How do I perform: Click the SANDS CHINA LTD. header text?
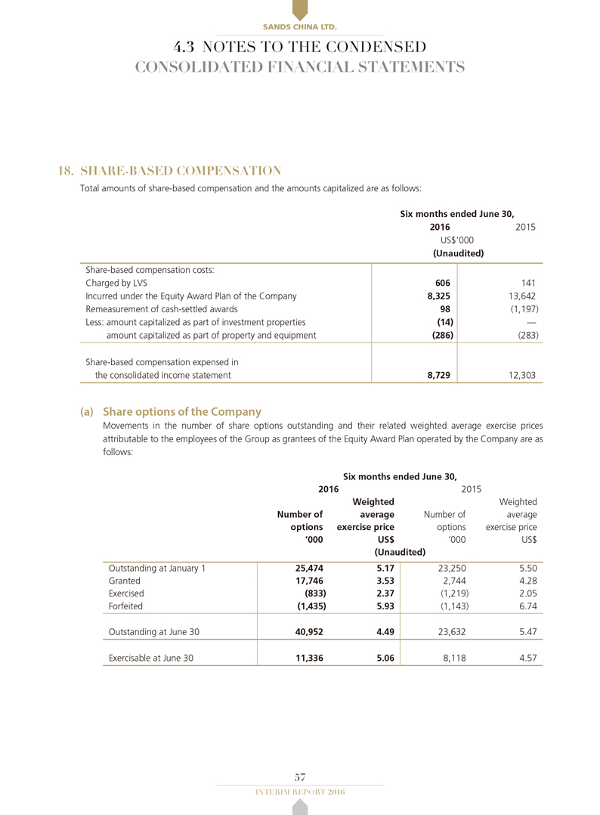[299, 27]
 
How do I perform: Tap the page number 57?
[300, 776]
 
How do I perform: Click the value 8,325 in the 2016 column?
[439, 296]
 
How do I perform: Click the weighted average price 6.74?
[527, 605]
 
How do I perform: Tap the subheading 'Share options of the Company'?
[181, 412]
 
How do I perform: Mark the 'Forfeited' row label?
[125, 605]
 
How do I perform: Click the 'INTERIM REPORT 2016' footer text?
[300, 792]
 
